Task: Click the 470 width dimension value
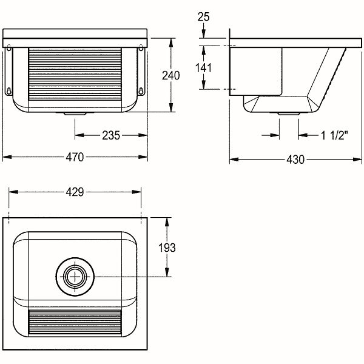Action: [x=75, y=157]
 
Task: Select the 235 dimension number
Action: [x=111, y=135]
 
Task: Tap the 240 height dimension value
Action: [x=170, y=75]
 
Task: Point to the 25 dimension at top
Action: [x=203, y=17]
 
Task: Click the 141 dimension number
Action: [x=203, y=68]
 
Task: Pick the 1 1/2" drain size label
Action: [x=334, y=135]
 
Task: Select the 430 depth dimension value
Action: [x=295, y=160]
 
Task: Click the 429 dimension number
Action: [x=75, y=192]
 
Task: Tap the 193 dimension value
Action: [x=167, y=248]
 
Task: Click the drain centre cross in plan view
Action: [x=75, y=277]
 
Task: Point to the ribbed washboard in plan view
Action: [x=75, y=323]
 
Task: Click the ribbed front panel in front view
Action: [x=75, y=74]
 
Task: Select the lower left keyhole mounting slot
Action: [x=9, y=91]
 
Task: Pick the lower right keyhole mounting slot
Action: [x=141, y=91]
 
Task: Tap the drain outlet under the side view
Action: [x=289, y=114]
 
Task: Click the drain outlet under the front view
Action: [x=75, y=114]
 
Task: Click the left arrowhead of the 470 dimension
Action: [x=7, y=157]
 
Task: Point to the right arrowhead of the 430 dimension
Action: [x=357, y=160]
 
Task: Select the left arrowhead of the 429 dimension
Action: [x=13, y=192]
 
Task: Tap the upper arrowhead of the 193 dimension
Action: [x=167, y=222]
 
